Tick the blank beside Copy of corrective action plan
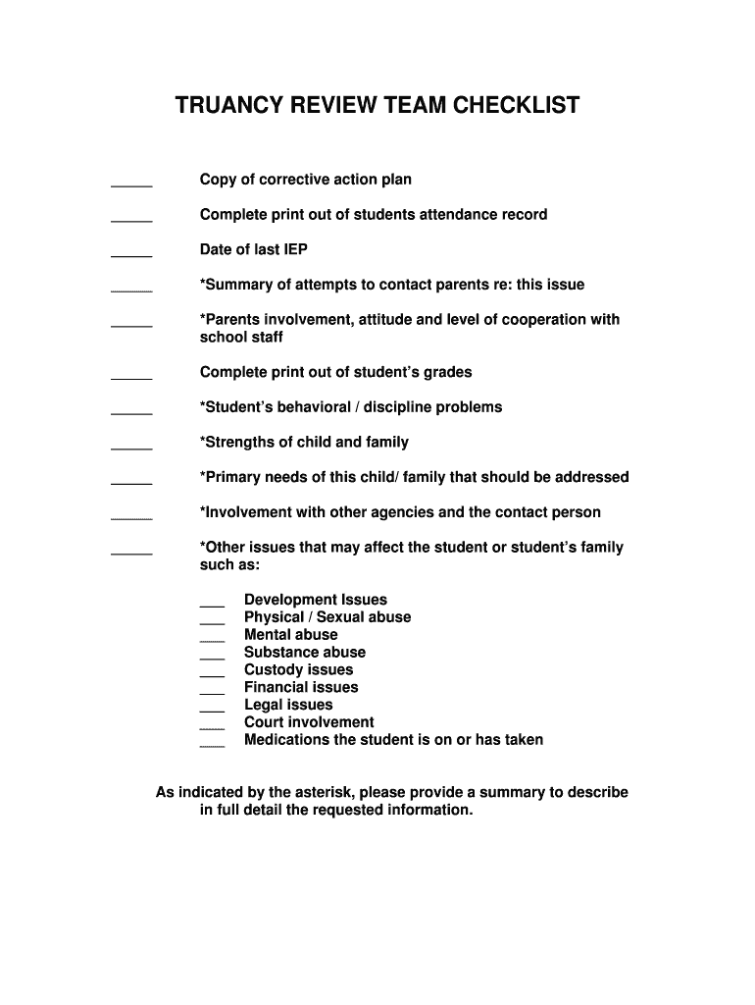tap(131, 183)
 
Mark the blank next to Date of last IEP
tap(131, 253)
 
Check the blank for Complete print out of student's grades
tap(131, 376)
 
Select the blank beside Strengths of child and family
tap(131, 446)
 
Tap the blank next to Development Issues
tap(212, 604)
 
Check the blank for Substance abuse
tap(212, 656)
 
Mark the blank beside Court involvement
tap(212, 726)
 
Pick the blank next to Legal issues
tap(212, 709)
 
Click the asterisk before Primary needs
tap(203, 476)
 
